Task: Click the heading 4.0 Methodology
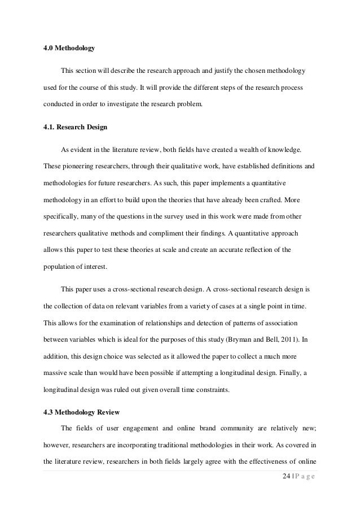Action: click(69, 49)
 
